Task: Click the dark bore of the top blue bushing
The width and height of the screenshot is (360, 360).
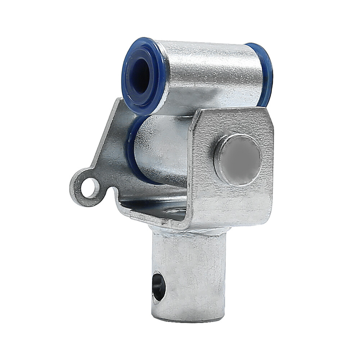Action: (x=141, y=76)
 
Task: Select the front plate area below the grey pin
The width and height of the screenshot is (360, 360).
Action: (x=234, y=205)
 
